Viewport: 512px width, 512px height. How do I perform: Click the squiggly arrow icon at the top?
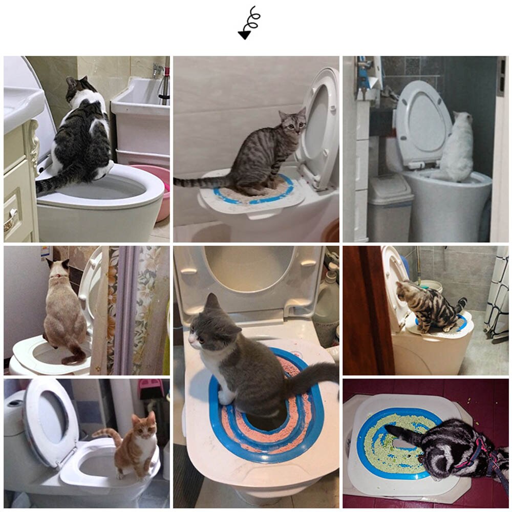point(249,23)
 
